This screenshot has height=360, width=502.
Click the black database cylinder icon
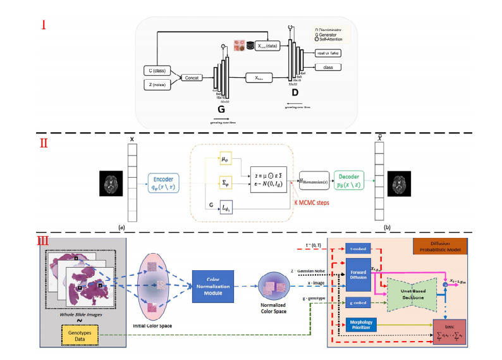click(251, 46)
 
